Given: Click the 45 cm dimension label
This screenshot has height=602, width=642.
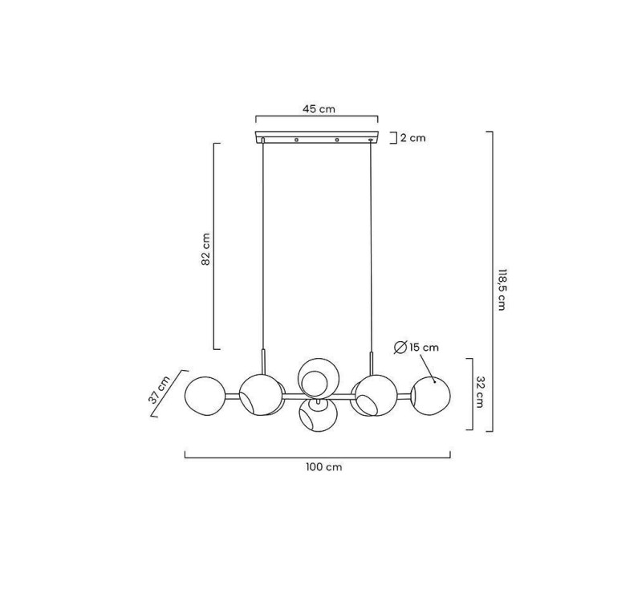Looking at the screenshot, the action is (319, 109).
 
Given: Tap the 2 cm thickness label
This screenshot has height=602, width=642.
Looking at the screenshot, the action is (412, 138).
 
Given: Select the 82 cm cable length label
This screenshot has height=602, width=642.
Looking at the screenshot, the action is (205, 249).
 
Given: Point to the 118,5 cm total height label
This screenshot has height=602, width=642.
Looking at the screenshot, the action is (502, 290).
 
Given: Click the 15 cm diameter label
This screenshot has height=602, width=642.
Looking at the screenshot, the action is (424, 348).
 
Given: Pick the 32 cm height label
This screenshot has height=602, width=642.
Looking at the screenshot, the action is (480, 393).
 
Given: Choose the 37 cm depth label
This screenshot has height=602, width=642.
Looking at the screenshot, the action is (159, 390).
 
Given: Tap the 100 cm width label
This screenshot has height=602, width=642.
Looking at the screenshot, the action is (324, 467).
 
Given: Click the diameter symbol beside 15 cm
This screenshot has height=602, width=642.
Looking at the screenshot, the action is (400, 348).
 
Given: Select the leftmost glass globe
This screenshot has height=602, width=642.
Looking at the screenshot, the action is (205, 396).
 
